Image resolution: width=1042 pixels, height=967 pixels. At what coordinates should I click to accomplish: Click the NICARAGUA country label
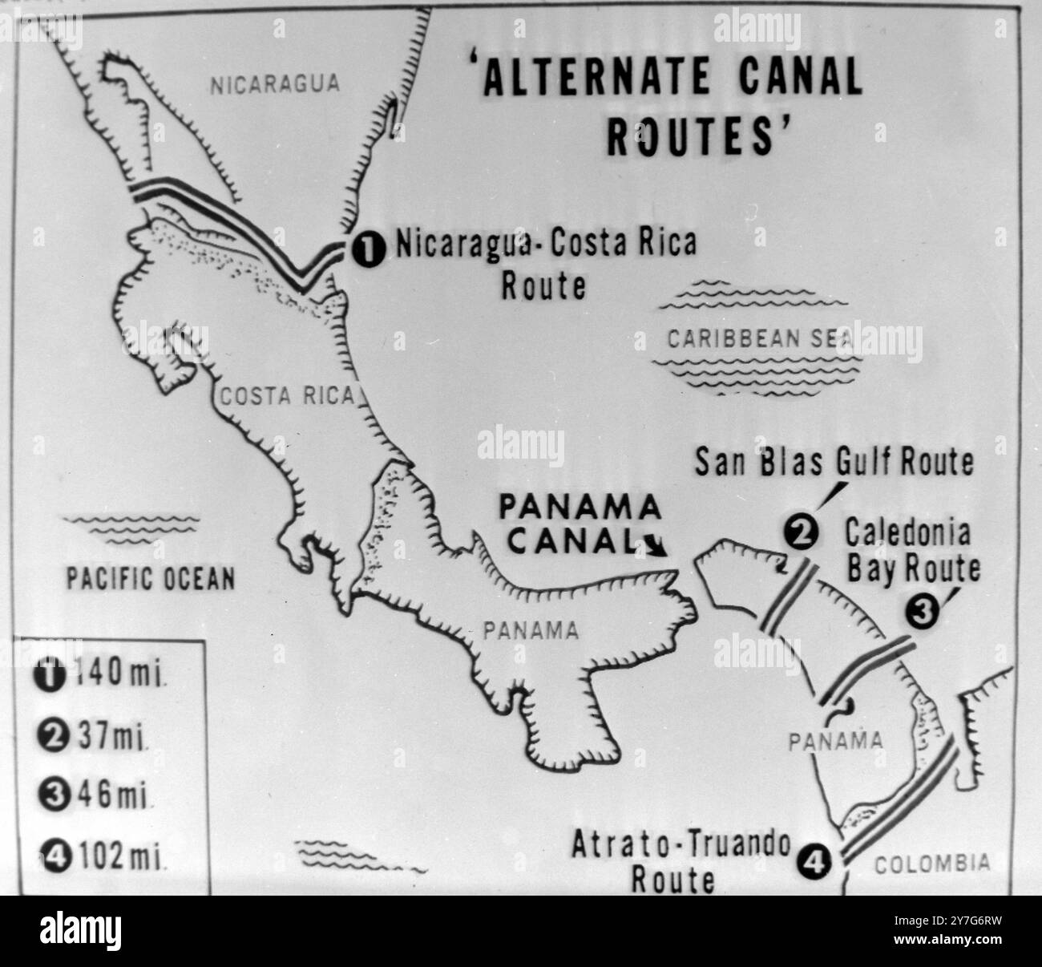click(x=275, y=84)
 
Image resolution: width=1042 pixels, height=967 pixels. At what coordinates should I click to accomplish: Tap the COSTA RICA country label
click(x=286, y=394)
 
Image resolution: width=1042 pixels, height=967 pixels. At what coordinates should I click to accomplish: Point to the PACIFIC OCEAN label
click(x=150, y=578)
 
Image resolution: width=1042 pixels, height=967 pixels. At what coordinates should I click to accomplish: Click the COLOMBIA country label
click(x=931, y=864)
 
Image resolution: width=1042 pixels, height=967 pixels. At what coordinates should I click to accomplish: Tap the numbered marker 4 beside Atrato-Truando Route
click(x=812, y=862)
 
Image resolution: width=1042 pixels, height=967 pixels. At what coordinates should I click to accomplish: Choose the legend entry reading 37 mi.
click(x=94, y=737)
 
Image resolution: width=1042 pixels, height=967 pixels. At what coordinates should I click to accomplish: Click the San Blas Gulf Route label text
click(x=834, y=463)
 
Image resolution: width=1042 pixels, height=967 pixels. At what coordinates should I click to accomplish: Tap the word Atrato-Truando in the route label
click(x=681, y=846)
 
